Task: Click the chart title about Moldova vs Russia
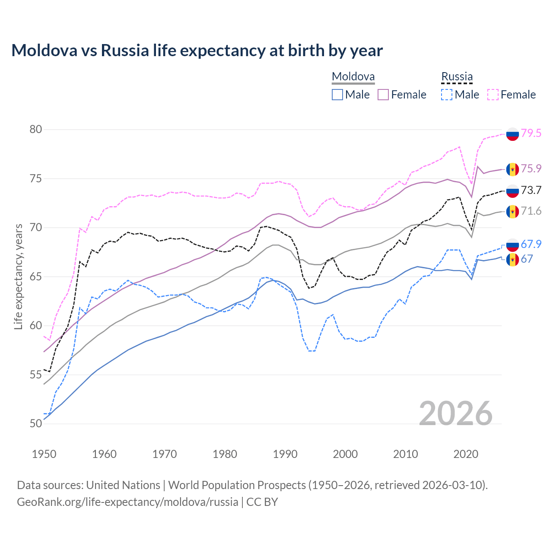coord(197,51)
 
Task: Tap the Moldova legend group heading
coord(353,77)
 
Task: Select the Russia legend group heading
coord(457,77)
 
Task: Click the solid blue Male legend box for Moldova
coord(337,95)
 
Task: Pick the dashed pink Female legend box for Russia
coord(493,95)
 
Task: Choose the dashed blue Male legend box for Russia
coord(447,95)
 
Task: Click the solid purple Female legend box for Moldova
coord(383,95)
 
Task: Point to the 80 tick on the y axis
coord(36,130)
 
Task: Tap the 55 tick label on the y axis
coord(36,375)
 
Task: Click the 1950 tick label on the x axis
coord(44,454)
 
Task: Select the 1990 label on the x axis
coord(285,454)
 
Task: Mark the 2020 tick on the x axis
coord(466,454)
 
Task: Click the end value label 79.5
coord(531,133)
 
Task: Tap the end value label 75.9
coord(531,168)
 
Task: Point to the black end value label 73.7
coord(531,190)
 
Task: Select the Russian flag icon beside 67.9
coord(512,245)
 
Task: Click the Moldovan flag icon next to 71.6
coord(512,212)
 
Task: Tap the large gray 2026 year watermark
coord(455,413)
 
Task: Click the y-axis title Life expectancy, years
coord(19,276)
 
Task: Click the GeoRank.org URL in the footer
coord(127,502)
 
